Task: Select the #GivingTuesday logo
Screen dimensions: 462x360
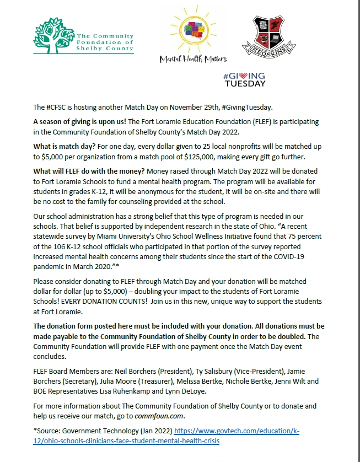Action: click(244, 79)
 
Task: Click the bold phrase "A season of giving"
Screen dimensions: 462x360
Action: click(62, 121)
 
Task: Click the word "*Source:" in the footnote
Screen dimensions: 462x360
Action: click(46, 430)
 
